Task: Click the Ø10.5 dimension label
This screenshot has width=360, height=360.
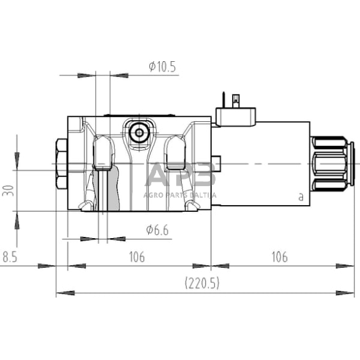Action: click(x=162, y=67)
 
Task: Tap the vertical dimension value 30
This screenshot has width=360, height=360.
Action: click(x=7, y=191)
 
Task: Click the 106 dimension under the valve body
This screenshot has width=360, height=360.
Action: click(x=137, y=257)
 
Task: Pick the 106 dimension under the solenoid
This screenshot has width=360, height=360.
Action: click(x=279, y=257)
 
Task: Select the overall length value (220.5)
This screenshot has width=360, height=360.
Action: click(x=202, y=283)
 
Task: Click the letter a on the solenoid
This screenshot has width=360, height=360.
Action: click(x=300, y=197)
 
